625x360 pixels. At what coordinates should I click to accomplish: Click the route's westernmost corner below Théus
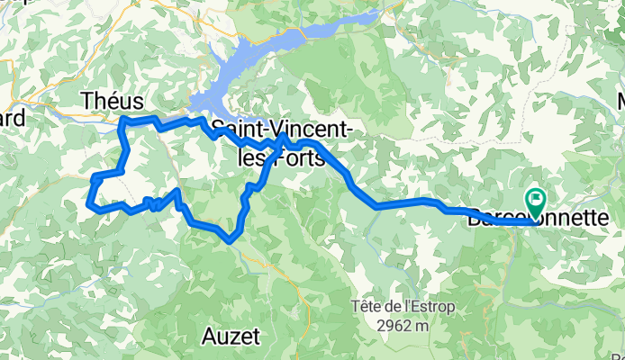[89, 206]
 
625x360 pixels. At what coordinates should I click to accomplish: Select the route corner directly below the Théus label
[122, 120]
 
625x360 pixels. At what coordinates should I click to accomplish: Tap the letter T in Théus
[87, 102]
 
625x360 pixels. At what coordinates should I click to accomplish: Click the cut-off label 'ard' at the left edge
[11, 118]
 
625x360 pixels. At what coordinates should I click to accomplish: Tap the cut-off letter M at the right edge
[620, 101]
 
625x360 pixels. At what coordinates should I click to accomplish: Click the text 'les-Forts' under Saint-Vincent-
[281, 157]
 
